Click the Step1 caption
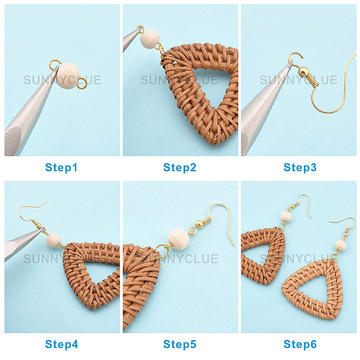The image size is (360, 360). (x=61, y=167)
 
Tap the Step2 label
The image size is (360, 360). (x=180, y=167)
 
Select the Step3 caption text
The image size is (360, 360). (x=300, y=167)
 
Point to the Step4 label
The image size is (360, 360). (x=62, y=344)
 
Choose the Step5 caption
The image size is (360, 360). (x=180, y=344)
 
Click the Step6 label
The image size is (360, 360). (x=300, y=344)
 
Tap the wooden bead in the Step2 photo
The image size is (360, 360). (x=150, y=39)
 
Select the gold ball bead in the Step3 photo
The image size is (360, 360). (x=304, y=71)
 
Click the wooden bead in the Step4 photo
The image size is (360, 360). (x=53, y=240)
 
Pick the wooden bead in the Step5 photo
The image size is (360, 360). (x=179, y=239)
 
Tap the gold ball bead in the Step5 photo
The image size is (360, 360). (x=199, y=224)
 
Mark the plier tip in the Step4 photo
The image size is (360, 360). (x=44, y=229)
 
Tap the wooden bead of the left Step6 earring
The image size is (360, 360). (x=286, y=217)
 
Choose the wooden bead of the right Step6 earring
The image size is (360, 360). (x=340, y=245)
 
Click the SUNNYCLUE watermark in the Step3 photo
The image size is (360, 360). (x=298, y=80)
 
